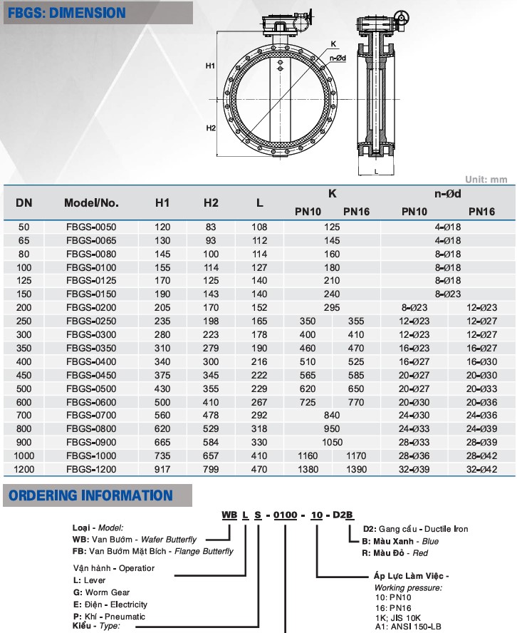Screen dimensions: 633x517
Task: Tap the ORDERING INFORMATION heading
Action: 90,495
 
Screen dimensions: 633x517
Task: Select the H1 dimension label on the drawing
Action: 211,66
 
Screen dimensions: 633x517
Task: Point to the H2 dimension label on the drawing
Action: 211,128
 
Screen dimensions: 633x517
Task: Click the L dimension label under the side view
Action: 375,172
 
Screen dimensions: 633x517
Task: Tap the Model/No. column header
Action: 91,202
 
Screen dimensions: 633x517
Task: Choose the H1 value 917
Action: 162,469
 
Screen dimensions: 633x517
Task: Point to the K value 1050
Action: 332,442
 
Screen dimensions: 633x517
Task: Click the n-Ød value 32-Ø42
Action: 481,469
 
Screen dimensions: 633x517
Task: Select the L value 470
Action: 259,469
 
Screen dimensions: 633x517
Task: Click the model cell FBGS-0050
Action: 90,227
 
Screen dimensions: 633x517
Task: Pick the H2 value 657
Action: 211,456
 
